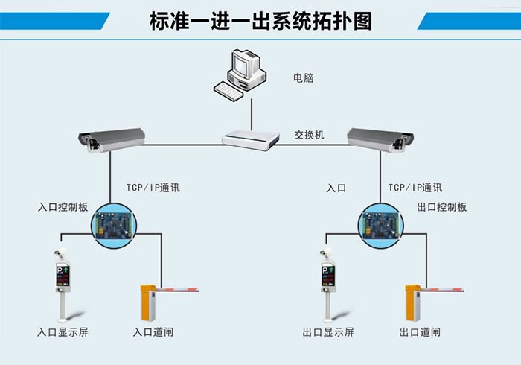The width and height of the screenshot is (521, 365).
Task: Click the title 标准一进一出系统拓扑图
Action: (260, 19)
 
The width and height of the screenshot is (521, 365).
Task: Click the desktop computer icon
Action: (240, 72)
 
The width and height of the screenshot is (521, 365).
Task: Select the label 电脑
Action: (303, 77)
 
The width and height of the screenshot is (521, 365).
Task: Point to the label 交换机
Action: (309, 136)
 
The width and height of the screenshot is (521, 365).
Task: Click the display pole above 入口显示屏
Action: (63, 279)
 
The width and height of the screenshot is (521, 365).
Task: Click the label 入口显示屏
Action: (63, 331)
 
